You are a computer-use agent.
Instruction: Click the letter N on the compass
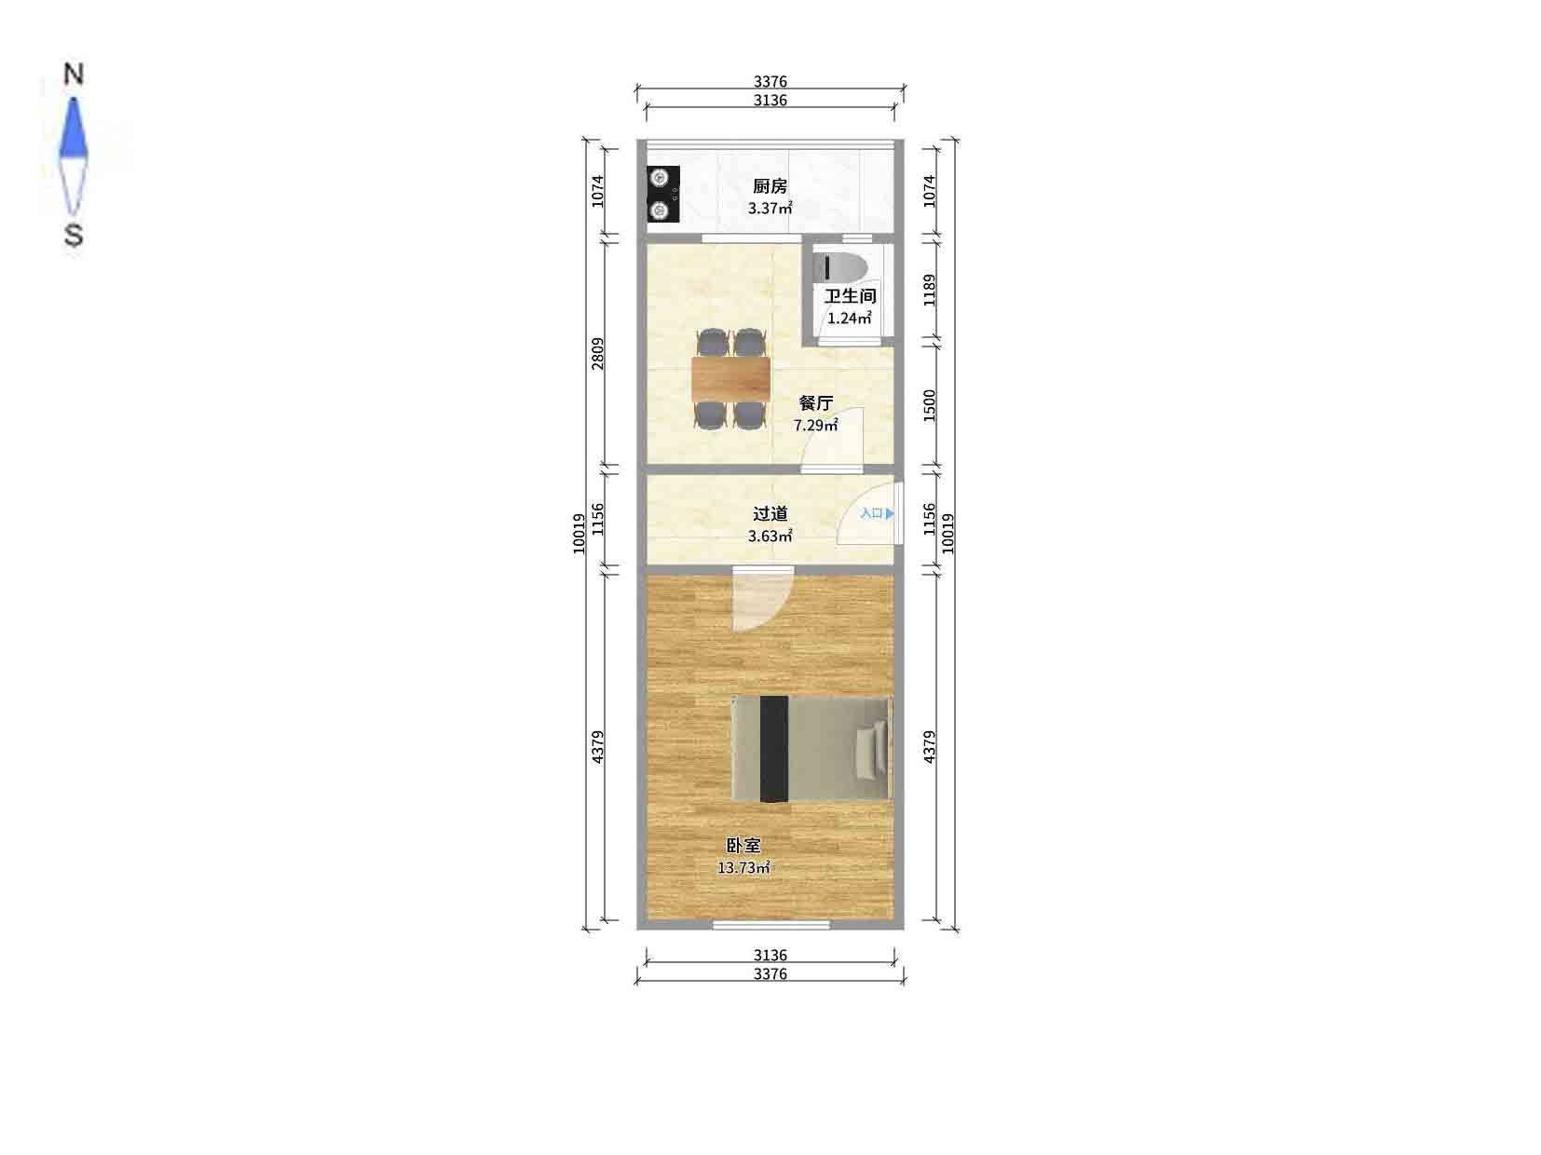pyautogui.click(x=73, y=75)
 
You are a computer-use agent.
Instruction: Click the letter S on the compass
pyautogui.click(x=73, y=235)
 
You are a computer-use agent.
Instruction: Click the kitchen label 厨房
pyautogui.click(x=770, y=186)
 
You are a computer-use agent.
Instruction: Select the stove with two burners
pyautogui.click(x=662, y=194)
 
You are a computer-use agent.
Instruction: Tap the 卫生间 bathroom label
pyautogui.click(x=850, y=296)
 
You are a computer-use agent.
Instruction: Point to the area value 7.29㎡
pyautogui.click(x=815, y=426)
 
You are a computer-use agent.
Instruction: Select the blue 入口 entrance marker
pyautogui.click(x=877, y=513)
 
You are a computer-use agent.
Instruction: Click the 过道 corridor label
pyautogui.click(x=770, y=513)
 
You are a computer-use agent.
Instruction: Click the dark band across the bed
pyautogui.click(x=773, y=748)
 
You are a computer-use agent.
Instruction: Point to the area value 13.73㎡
pyautogui.click(x=743, y=868)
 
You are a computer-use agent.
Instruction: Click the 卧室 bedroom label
pyautogui.click(x=743, y=846)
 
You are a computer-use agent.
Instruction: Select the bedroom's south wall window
pyautogui.click(x=770, y=924)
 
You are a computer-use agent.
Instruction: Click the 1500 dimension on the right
pyautogui.click(x=929, y=405)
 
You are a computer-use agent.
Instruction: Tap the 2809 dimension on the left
pyautogui.click(x=598, y=353)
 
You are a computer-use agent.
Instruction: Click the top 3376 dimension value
pyautogui.click(x=770, y=82)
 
